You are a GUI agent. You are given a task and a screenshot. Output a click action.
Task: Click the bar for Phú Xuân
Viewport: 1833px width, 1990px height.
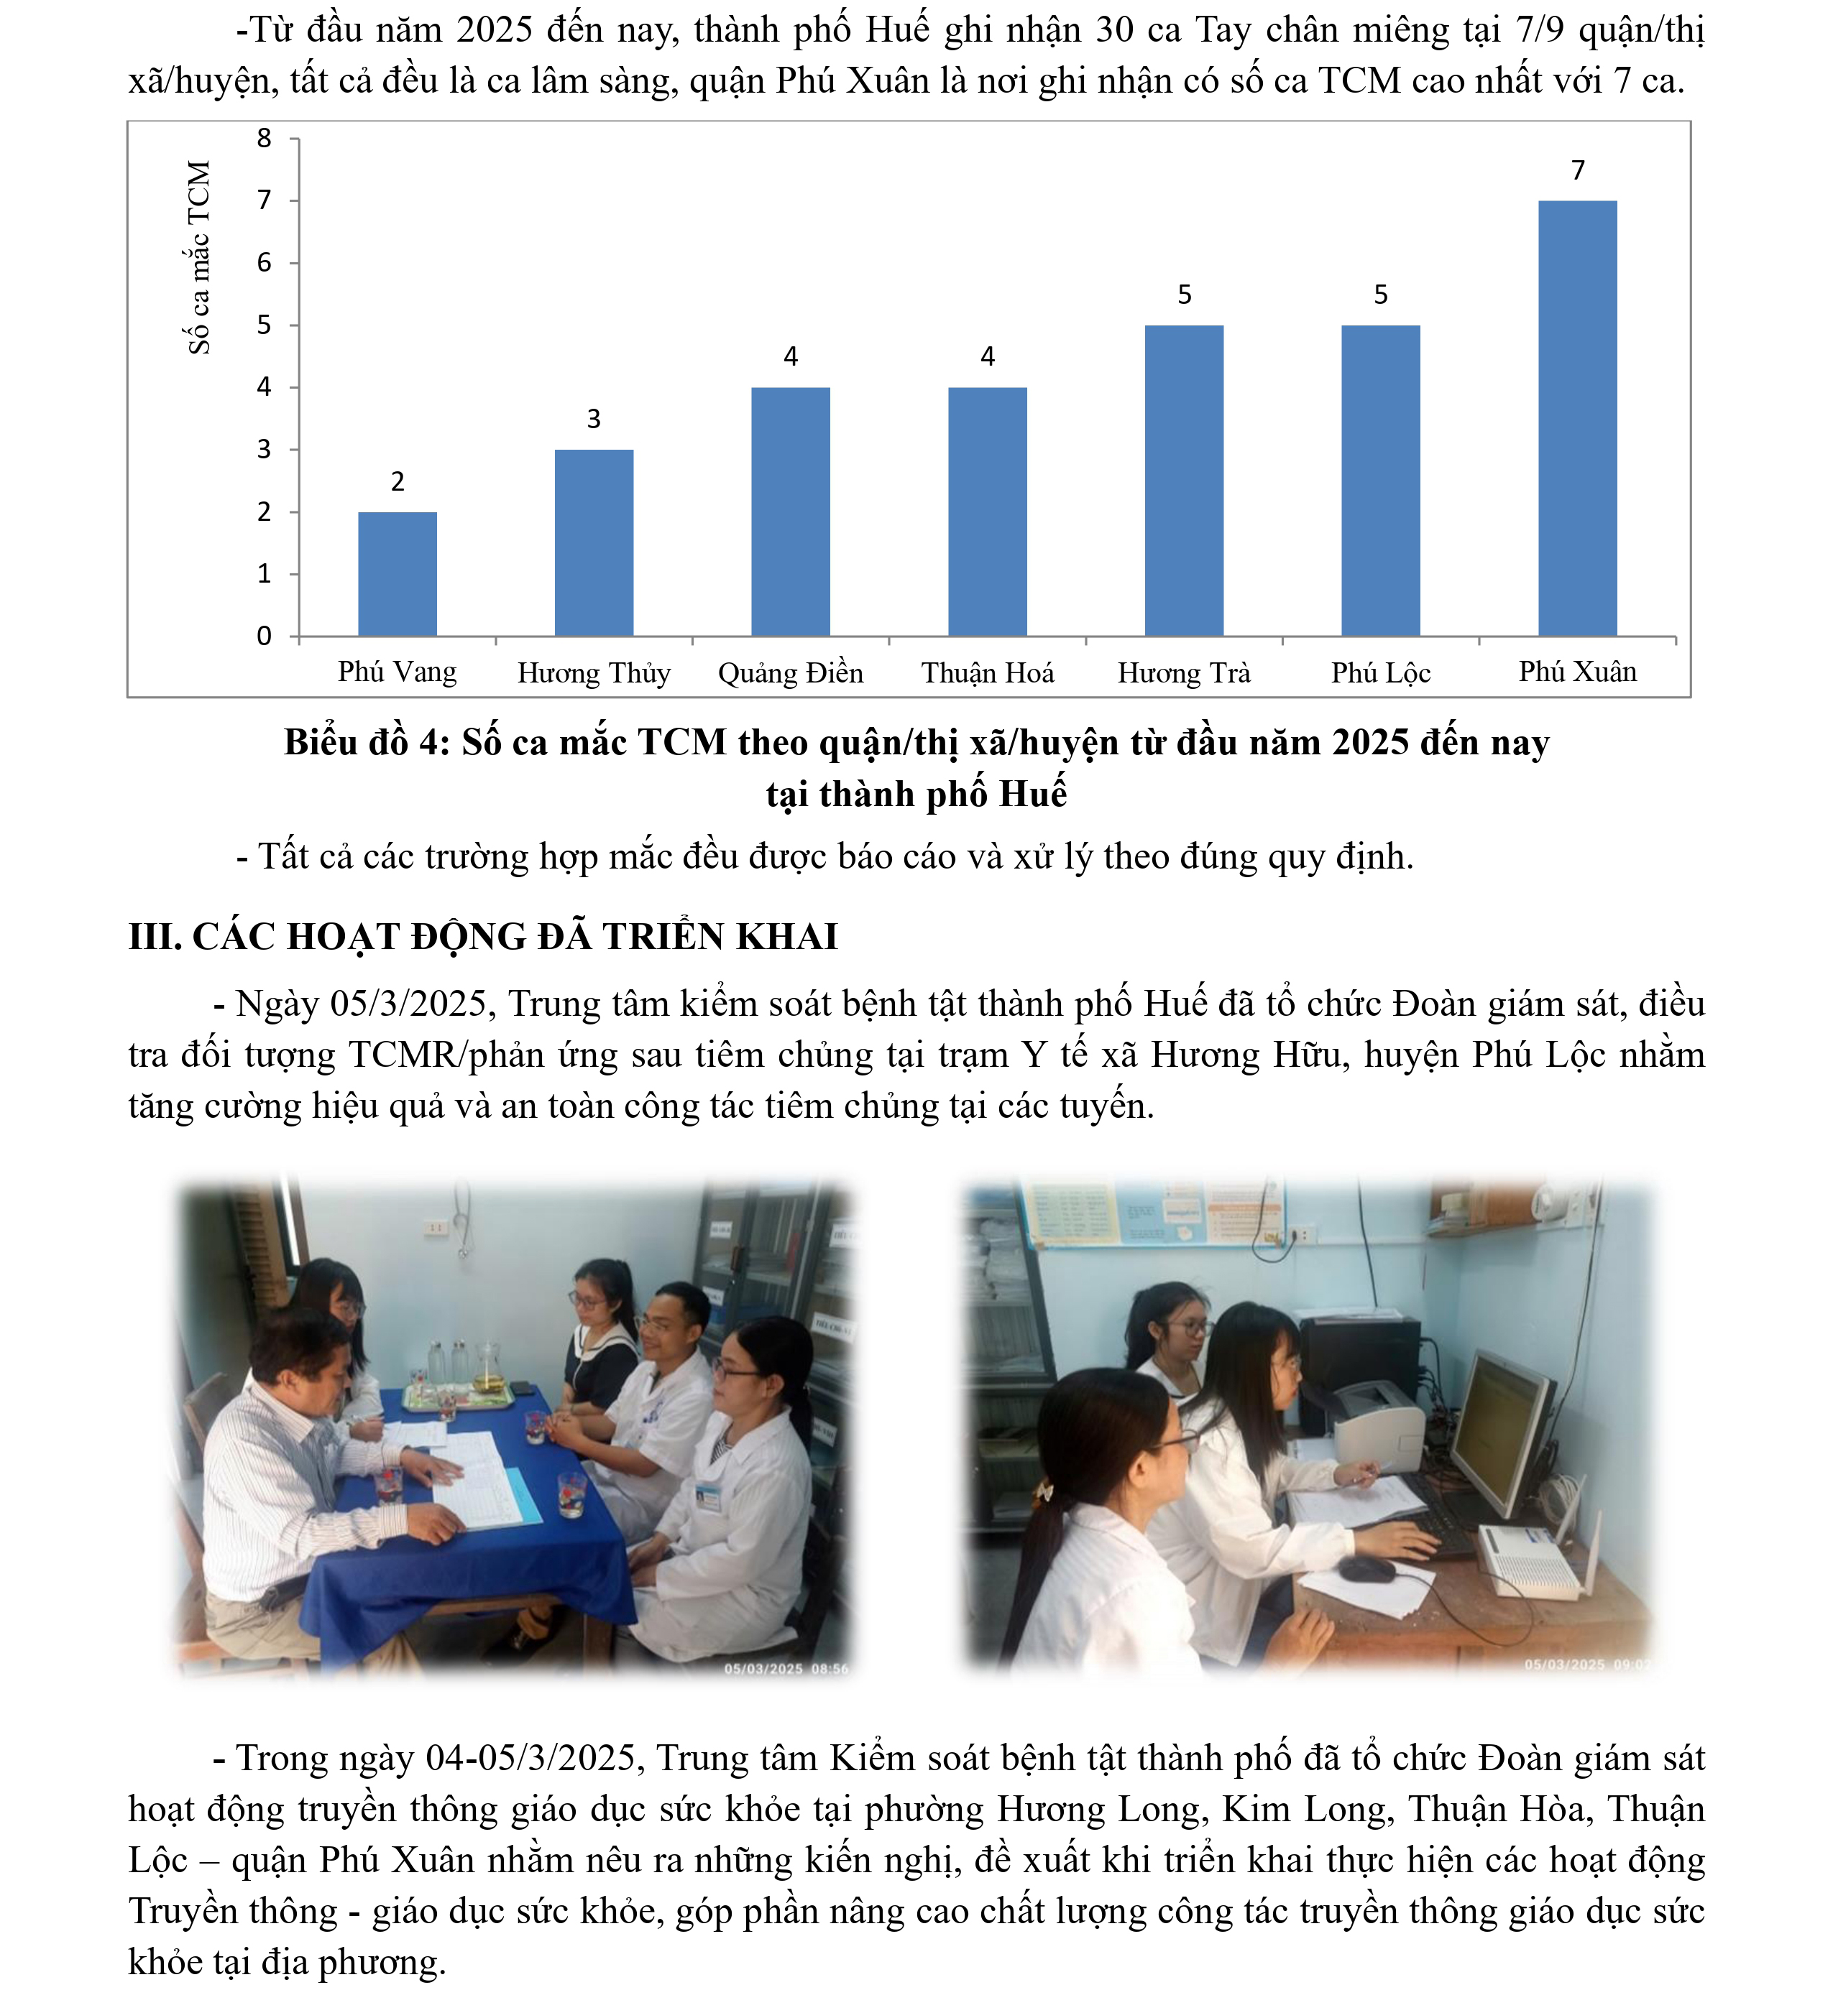pos(1577,417)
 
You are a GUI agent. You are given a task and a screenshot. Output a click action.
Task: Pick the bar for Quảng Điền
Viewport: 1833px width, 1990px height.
pos(791,511)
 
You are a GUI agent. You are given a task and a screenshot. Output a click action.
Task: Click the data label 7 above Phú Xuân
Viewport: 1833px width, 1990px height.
pos(1578,170)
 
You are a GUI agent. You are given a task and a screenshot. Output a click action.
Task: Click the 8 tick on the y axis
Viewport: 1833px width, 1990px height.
pos(264,139)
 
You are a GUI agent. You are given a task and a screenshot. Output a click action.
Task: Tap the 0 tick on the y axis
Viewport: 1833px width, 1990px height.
pos(264,636)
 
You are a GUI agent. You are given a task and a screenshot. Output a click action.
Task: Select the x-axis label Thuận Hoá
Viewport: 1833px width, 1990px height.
pos(987,673)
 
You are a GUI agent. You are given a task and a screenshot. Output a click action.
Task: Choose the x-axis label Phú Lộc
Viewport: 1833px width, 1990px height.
pos(1381,673)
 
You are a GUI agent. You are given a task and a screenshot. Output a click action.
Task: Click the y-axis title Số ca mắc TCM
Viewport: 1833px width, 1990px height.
pos(199,258)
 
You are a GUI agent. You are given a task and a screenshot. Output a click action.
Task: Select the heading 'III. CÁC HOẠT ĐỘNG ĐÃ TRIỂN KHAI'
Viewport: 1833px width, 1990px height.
pos(483,936)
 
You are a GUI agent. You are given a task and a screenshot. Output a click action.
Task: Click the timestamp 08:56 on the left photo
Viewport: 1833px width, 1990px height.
pos(830,1669)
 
